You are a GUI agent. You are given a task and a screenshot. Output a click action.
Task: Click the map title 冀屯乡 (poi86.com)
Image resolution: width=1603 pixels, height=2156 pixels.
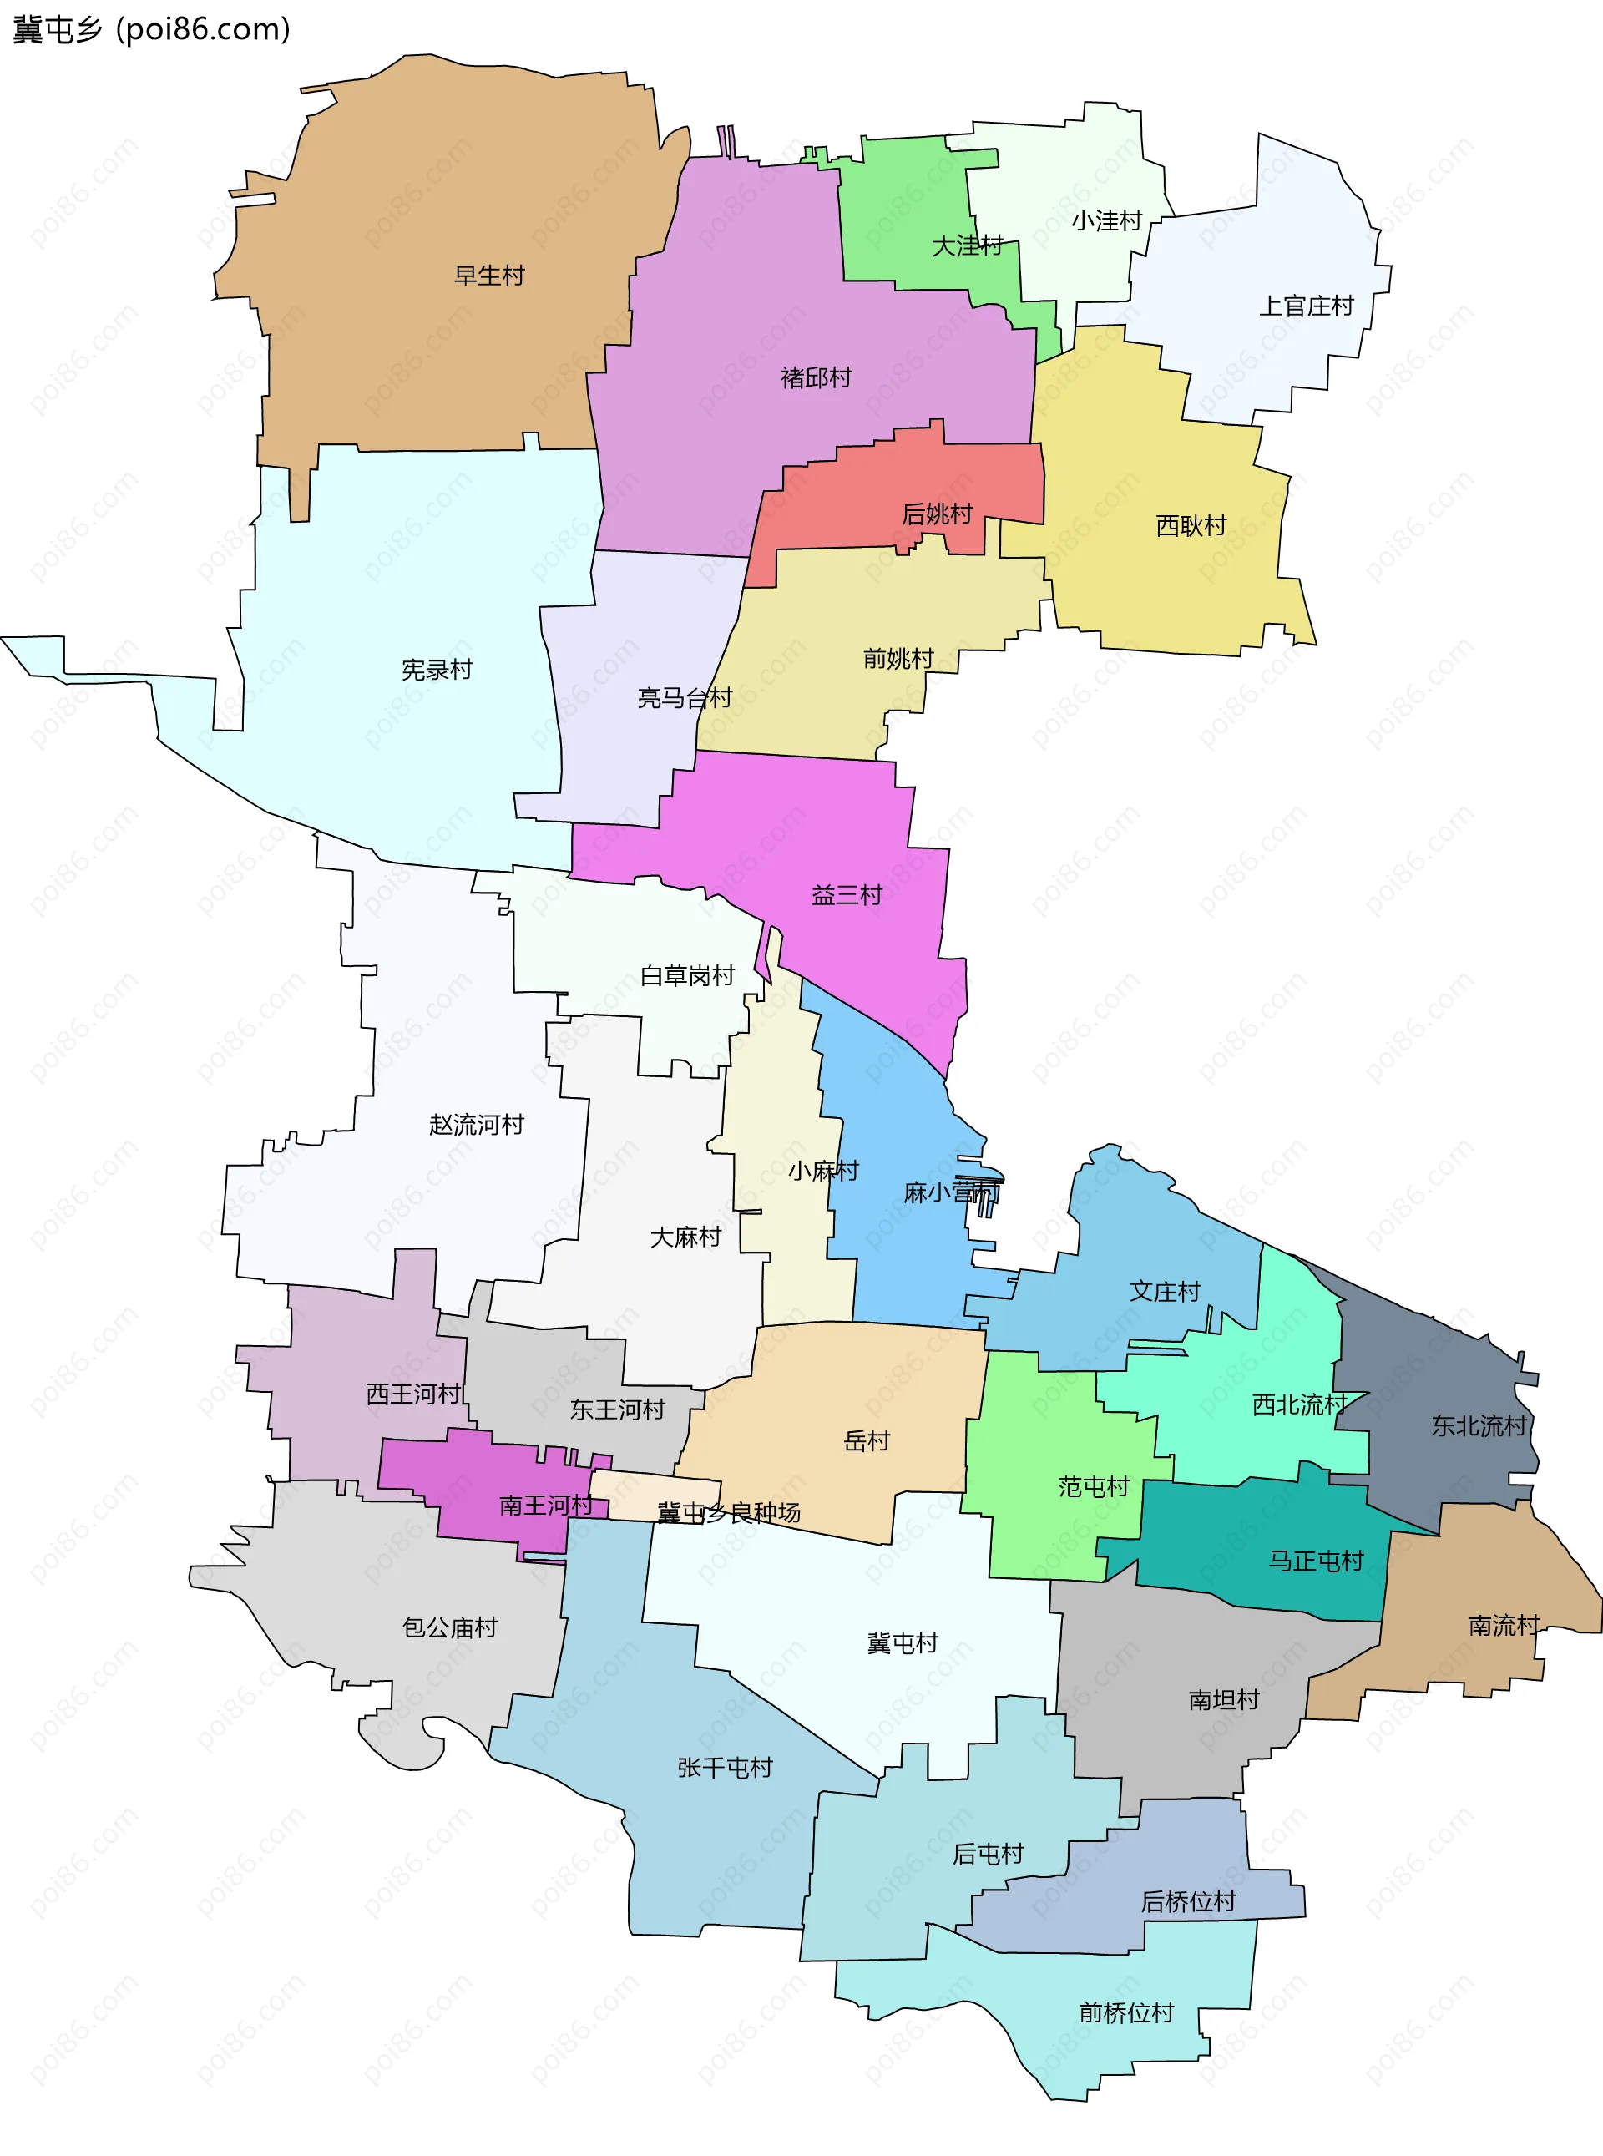[151, 29]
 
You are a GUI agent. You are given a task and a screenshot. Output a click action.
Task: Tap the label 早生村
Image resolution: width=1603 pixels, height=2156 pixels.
[489, 276]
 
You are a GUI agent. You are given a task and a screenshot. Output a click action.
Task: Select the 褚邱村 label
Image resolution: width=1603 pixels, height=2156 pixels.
[816, 377]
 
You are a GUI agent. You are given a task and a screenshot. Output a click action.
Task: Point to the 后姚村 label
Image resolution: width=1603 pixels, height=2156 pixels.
[937, 514]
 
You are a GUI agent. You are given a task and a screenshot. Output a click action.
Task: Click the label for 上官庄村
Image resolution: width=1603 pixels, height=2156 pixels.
[1306, 306]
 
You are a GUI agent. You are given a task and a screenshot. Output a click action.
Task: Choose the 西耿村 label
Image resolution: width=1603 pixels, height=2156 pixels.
[1191, 526]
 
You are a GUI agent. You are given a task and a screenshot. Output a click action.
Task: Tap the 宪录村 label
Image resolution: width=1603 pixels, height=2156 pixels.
[437, 670]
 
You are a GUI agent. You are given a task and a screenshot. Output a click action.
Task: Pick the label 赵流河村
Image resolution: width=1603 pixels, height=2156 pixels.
[477, 1125]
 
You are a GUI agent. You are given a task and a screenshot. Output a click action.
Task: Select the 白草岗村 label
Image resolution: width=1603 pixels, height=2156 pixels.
[687, 975]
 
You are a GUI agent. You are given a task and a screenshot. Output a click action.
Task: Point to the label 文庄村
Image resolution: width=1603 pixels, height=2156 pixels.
[1165, 1292]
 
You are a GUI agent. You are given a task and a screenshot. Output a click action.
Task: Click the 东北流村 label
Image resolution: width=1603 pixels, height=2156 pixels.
[1479, 1425]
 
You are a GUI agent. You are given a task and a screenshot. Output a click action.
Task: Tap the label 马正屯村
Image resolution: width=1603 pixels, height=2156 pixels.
[1316, 1561]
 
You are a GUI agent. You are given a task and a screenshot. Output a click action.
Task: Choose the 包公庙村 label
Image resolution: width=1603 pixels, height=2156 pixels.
[449, 1627]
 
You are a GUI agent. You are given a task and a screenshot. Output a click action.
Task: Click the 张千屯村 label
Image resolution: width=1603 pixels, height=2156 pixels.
[725, 1767]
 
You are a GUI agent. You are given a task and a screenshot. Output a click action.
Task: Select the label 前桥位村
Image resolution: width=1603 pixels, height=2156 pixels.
[1126, 2012]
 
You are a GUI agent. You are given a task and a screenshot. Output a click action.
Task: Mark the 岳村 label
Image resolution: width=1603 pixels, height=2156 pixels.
[867, 1441]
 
